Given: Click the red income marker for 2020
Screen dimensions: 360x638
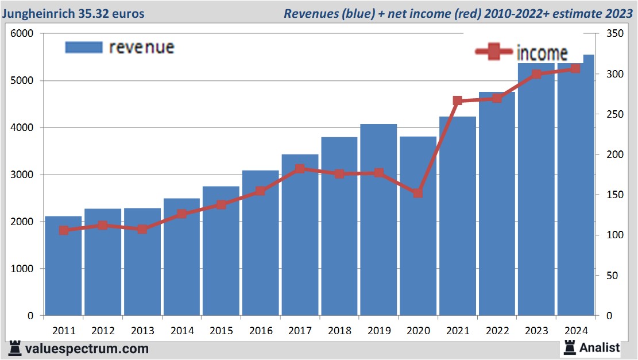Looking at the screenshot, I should (x=418, y=193).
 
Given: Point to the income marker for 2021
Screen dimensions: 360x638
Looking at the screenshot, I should (x=458, y=101).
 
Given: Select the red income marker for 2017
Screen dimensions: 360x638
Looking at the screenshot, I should (x=300, y=169).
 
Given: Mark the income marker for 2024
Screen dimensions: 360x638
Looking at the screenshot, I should (x=575, y=69).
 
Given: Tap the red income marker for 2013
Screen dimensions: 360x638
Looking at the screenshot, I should (x=142, y=229).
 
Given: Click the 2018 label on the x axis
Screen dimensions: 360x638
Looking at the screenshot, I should (x=339, y=331).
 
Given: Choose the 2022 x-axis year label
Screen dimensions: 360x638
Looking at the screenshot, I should (x=497, y=331).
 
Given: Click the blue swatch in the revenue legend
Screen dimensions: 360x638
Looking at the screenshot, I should (x=84, y=47).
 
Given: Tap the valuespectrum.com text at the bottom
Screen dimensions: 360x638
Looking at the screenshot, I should (x=87, y=349).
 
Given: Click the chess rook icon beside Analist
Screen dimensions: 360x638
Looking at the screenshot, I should (x=570, y=347).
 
